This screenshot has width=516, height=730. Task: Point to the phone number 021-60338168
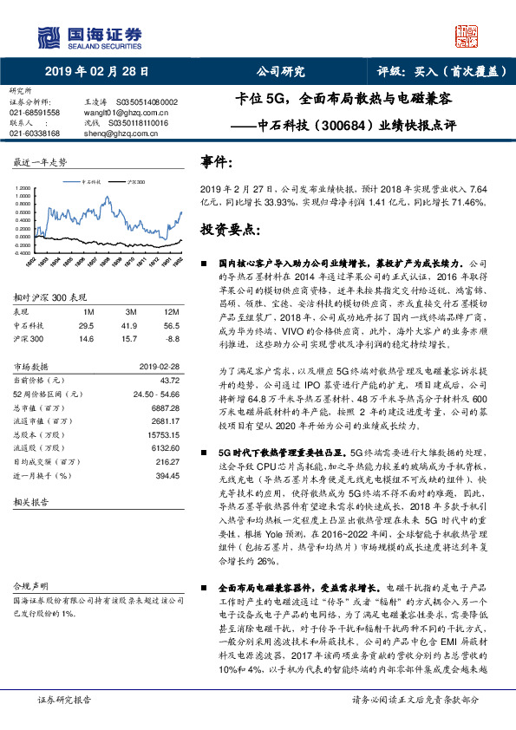tap(34, 134)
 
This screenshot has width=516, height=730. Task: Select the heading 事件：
tap(217, 162)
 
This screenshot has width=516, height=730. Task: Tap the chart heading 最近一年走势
tap(40, 163)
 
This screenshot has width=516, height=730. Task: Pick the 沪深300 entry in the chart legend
tap(136, 183)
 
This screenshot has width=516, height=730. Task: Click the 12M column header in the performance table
tap(172, 311)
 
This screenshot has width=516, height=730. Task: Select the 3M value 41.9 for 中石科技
tap(130, 324)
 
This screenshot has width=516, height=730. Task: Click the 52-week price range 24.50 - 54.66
tap(155, 393)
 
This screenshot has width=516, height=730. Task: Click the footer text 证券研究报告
tap(62, 699)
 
